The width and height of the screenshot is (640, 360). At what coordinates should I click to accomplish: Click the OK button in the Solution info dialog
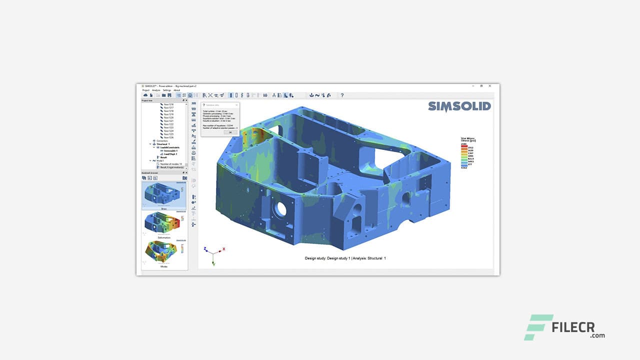tap(230, 132)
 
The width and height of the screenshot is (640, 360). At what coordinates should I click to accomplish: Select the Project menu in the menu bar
tap(146, 90)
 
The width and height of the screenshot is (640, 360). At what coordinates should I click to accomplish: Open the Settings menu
tap(166, 90)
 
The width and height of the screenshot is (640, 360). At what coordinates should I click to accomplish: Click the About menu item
tap(176, 90)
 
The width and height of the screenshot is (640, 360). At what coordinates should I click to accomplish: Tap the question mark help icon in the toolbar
tap(342, 95)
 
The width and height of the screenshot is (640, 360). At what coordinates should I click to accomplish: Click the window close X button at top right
tap(493, 86)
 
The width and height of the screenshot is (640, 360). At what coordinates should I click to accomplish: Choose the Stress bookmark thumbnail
tap(164, 195)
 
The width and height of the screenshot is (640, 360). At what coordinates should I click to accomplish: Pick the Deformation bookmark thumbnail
tap(164, 223)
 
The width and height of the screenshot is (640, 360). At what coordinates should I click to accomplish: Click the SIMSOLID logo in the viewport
tap(459, 106)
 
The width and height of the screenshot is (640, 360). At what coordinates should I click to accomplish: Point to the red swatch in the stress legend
tap(464, 145)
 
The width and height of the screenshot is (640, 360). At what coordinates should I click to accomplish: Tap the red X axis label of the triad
tap(223, 248)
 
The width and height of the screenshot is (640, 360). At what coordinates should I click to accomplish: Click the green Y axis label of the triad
tap(213, 264)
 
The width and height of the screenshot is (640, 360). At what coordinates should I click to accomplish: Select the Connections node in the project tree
tap(162, 141)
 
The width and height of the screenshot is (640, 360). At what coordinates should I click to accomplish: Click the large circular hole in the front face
tap(281, 209)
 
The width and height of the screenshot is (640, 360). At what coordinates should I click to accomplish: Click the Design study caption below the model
tap(345, 258)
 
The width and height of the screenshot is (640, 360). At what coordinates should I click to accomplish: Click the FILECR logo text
tap(578, 327)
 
